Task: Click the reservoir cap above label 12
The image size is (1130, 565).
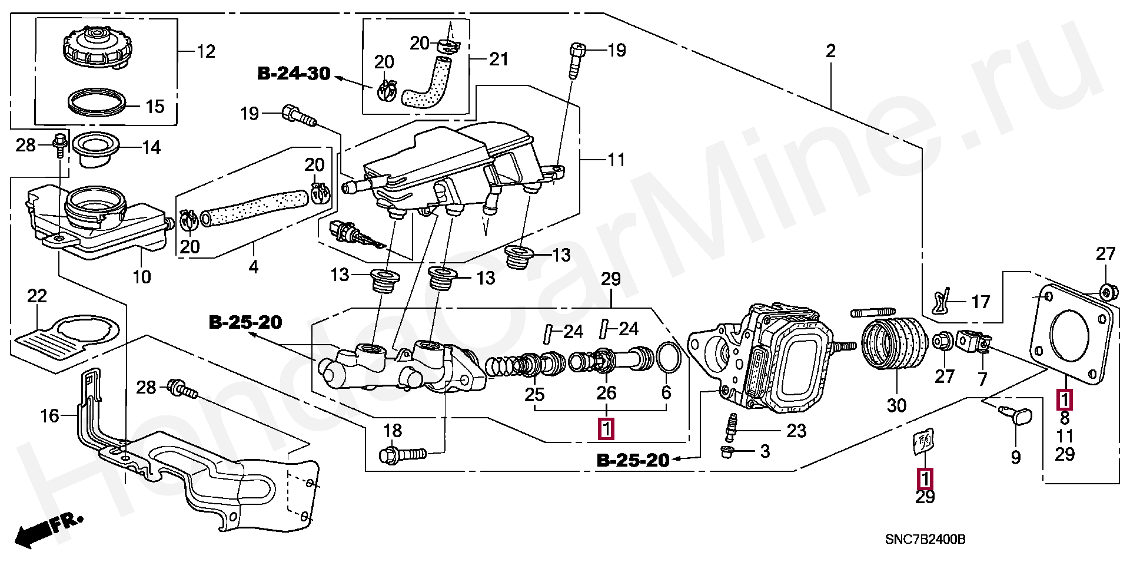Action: pyautogui.click(x=96, y=48)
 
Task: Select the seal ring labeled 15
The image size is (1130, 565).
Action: pyautogui.click(x=97, y=101)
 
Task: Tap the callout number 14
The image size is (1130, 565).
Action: pyautogui.click(x=151, y=147)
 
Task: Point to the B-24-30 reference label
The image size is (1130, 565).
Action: pyautogui.click(x=294, y=74)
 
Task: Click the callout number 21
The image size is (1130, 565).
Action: pyautogui.click(x=498, y=59)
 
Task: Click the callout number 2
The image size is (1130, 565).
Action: pyautogui.click(x=830, y=51)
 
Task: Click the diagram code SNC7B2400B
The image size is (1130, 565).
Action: pyautogui.click(x=925, y=539)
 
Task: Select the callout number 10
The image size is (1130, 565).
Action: pyautogui.click(x=141, y=277)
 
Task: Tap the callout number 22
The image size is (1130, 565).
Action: pyautogui.click(x=36, y=296)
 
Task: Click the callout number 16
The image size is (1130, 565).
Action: pyautogui.click(x=49, y=416)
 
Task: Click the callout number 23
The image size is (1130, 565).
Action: pyautogui.click(x=796, y=431)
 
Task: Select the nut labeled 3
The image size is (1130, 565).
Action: pyautogui.click(x=727, y=452)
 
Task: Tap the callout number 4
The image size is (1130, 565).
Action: pyautogui.click(x=253, y=267)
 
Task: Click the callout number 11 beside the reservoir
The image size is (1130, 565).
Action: pyautogui.click(x=616, y=160)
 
